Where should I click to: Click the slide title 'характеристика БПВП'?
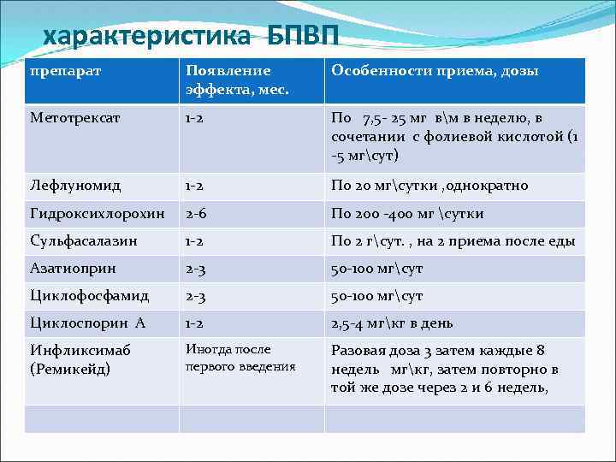click(191, 37)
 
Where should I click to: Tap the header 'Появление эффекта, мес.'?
click(228, 80)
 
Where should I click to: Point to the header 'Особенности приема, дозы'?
click(435, 71)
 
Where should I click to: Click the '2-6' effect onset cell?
click(197, 214)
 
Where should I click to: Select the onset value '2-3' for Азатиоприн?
click(197, 269)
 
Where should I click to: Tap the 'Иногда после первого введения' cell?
click(240, 358)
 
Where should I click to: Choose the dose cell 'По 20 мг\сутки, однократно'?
click(429, 186)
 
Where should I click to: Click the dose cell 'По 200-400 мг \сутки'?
click(407, 214)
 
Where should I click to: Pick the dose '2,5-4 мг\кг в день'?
click(392, 323)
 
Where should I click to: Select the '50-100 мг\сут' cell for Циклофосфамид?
click(376, 296)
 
